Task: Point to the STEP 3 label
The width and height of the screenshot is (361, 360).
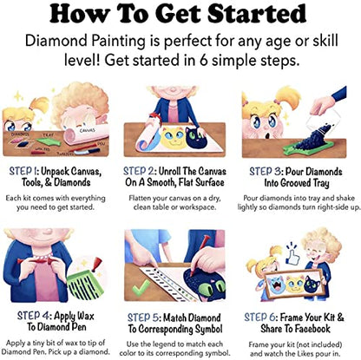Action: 266,172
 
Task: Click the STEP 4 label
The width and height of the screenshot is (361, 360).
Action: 33,316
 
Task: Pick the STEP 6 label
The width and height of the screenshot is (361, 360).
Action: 260,317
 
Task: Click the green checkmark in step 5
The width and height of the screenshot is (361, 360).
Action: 141,288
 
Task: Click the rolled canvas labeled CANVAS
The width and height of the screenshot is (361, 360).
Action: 86,134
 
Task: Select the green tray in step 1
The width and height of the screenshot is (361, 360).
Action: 49,141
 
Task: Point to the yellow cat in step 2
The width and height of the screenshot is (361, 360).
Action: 173,137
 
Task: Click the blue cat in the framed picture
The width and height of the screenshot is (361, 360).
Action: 276,285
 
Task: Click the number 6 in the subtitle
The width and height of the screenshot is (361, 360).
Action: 203,60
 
